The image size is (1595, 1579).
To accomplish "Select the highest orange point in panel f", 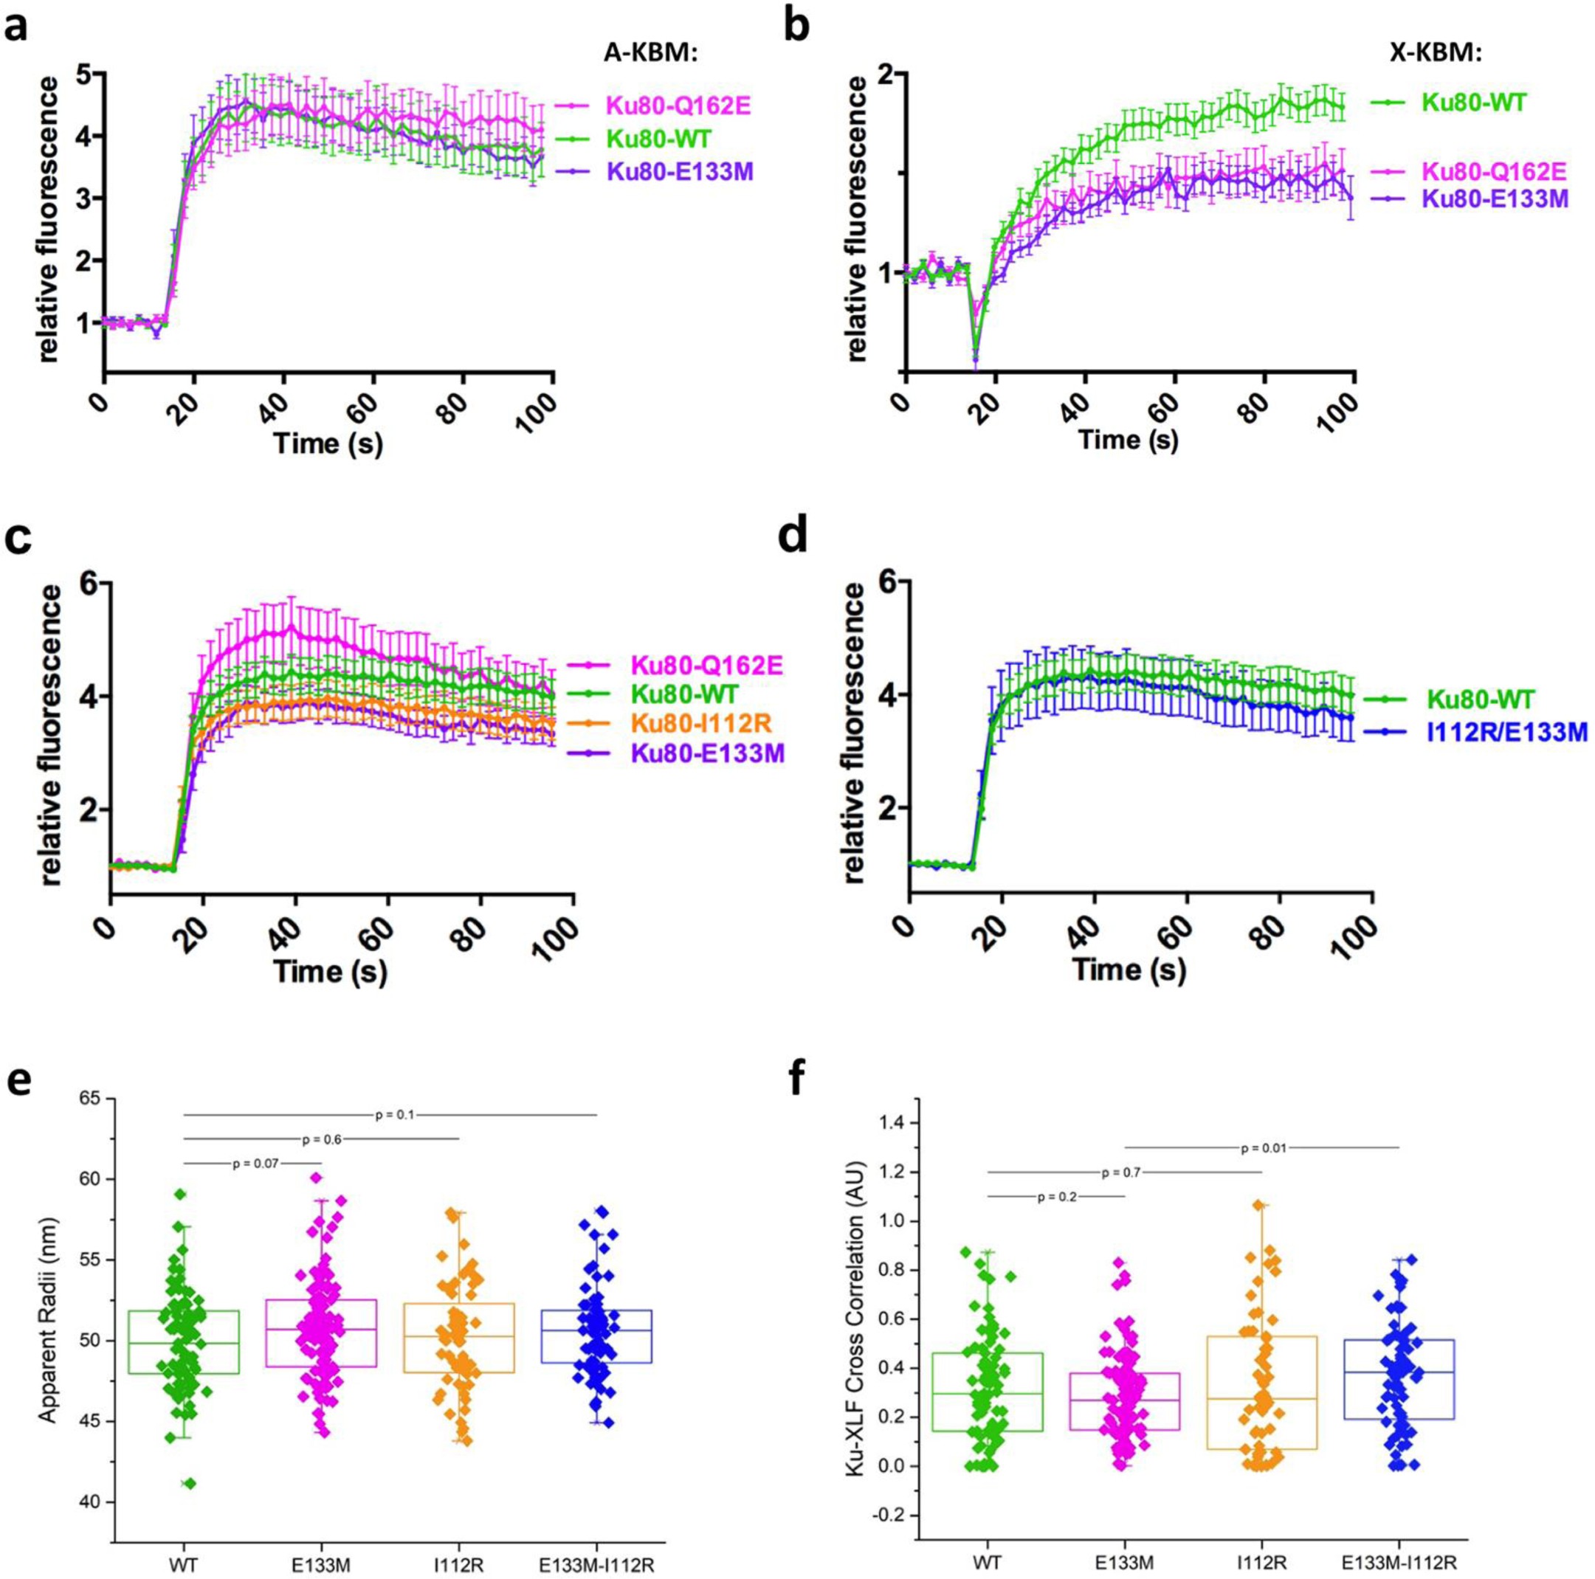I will coord(1258,1229).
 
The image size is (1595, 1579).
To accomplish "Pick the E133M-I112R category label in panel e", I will coord(597,1541).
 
